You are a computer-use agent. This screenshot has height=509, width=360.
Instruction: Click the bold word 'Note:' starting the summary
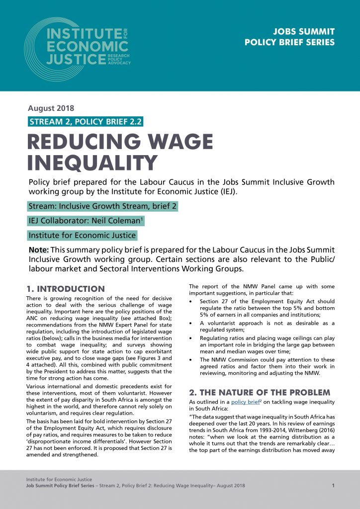click(39, 250)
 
